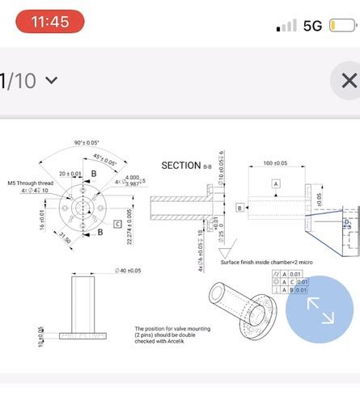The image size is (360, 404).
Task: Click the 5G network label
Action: (x=312, y=25)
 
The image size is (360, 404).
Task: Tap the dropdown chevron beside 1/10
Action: (x=52, y=80)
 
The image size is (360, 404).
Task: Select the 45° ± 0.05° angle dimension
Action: (x=105, y=162)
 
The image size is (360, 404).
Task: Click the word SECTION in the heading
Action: (x=180, y=165)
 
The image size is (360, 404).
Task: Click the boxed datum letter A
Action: (x=275, y=184)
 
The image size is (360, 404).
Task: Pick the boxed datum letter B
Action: (x=240, y=208)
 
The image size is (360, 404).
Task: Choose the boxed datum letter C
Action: (x=117, y=224)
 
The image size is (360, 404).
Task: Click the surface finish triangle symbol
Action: (x=229, y=246)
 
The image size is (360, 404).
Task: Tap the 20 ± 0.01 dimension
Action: (x=70, y=174)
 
